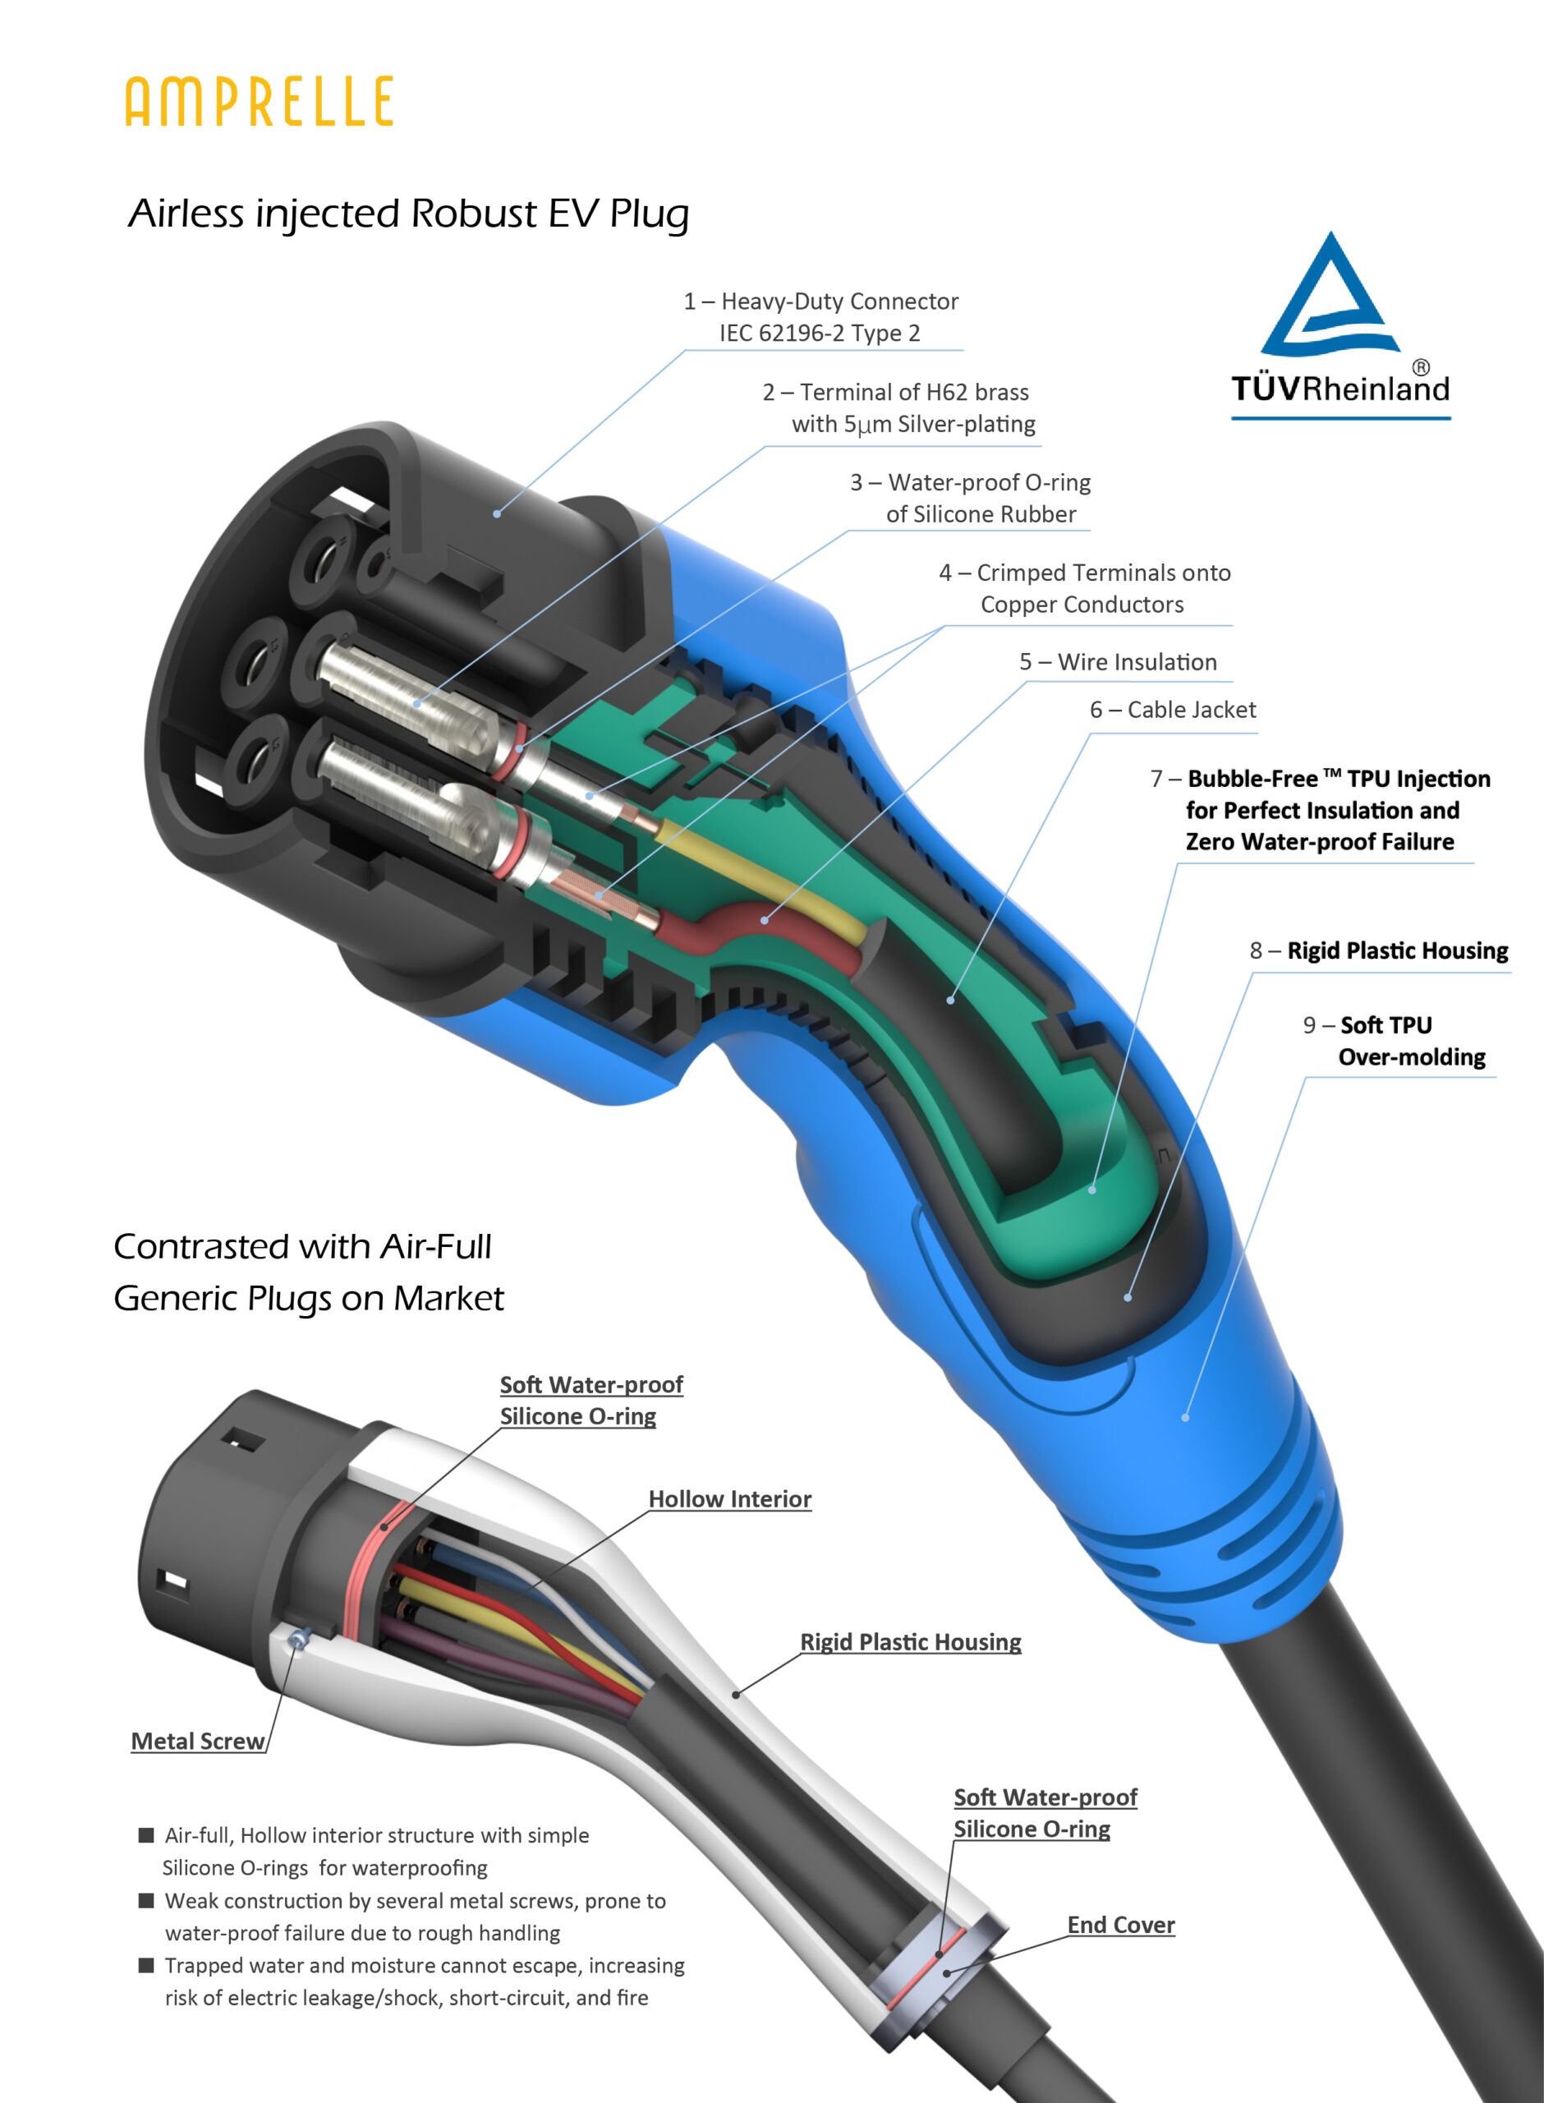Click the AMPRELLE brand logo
coord(259,102)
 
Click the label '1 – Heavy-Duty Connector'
coord(820,301)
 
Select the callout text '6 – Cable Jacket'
coord(1172,710)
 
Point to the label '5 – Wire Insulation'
coord(1118,662)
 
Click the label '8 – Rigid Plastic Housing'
coord(1379,950)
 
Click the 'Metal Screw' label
coord(197,1742)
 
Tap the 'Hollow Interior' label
coord(730,1499)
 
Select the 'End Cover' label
coord(1120,1925)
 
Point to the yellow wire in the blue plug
coord(766,873)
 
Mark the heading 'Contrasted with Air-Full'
coord(302,1246)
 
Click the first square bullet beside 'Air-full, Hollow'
coord(147,1834)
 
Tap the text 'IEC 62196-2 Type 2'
coord(820,333)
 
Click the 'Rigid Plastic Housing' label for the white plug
coord(910,1642)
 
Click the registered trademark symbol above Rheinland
coord(1420,367)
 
